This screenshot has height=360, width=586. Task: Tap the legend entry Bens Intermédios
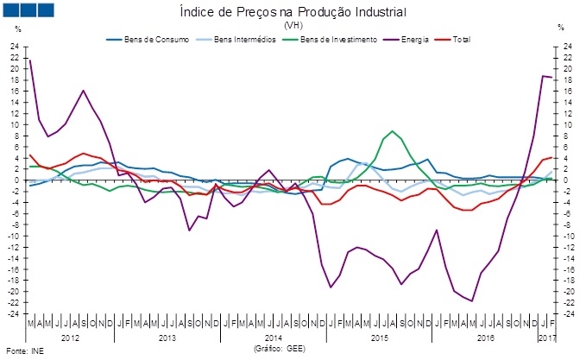(233, 41)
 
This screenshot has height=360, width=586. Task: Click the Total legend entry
(469, 41)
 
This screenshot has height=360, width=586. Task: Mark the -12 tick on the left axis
(15, 247)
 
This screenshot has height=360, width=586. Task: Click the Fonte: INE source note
(23, 351)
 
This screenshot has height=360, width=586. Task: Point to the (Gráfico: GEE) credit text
(279, 349)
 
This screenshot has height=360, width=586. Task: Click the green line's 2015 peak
(393, 131)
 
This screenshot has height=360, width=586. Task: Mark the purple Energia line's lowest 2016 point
(472, 300)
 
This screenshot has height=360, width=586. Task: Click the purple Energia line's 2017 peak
(543, 76)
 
